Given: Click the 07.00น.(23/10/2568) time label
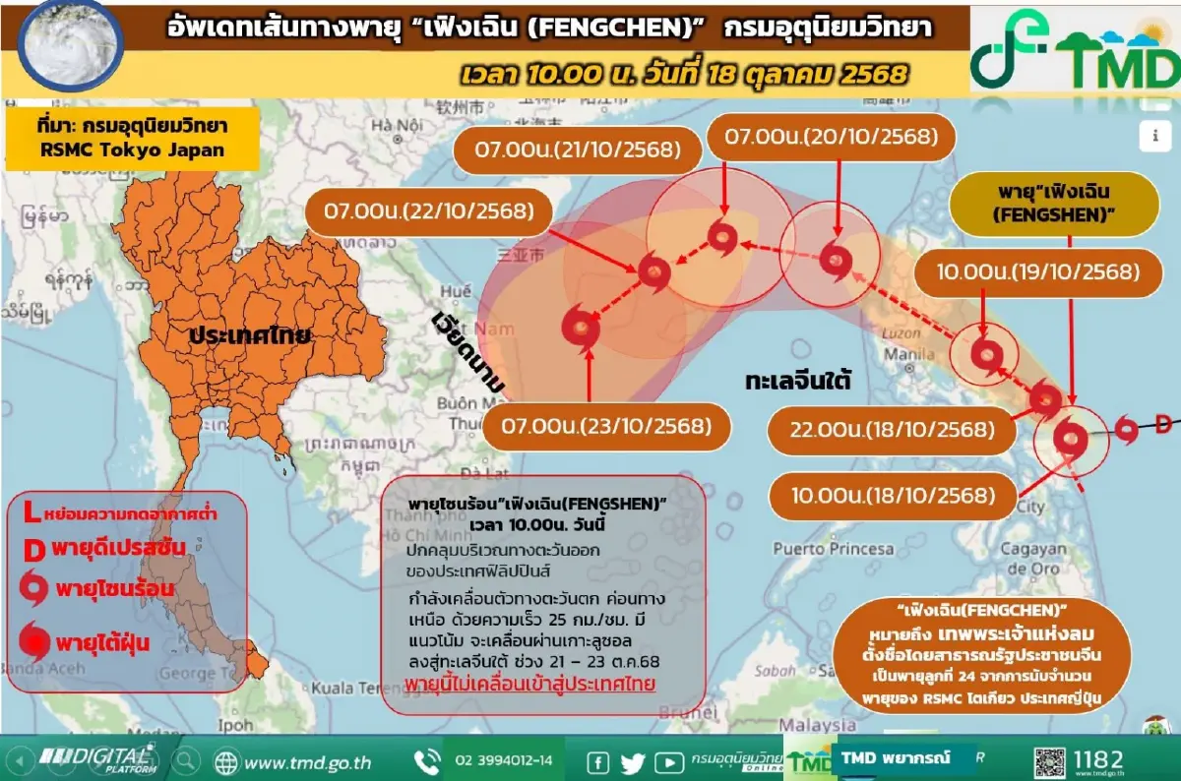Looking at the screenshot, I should pos(606,426).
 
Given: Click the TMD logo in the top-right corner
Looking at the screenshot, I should pos(1074,51).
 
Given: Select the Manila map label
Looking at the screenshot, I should pos(909,354).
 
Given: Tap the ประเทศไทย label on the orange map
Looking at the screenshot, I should pos(251,334).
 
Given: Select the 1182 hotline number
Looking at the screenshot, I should pos(1100,760).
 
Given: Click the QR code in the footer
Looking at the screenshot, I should pos(1049,761).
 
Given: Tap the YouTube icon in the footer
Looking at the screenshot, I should pos(668,761).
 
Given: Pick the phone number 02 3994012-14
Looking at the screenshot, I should pos(503,761).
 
